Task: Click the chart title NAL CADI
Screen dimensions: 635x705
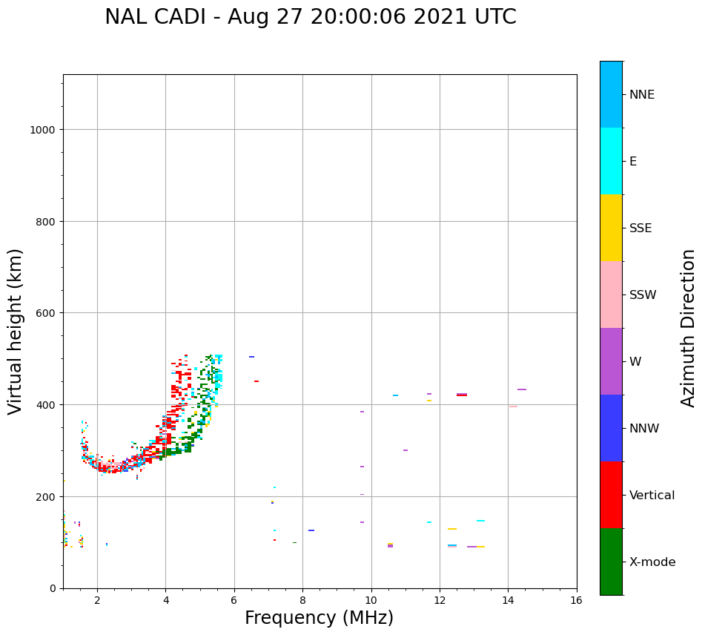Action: (x=310, y=17)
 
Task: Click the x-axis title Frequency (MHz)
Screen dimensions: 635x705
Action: (x=319, y=618)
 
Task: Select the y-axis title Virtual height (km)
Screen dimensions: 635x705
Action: (x=16, y=331)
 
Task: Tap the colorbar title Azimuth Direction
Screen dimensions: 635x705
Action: (x=689, y=328)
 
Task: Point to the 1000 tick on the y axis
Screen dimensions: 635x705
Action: (x=44, y=130)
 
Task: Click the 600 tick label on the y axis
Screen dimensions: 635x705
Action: (x=47, y=313)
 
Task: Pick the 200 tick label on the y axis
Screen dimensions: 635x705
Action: (x=47, y=496)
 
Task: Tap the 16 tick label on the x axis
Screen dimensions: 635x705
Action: (x=576, y=601)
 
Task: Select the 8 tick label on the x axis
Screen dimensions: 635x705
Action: (x=302, y=601)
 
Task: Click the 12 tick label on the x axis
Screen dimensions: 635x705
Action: (x=440, y=601)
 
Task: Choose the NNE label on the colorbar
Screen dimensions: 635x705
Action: (x=642, y=94)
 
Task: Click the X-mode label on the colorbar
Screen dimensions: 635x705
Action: (x=652, y=562)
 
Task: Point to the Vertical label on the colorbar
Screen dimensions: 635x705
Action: (x=652, y=495)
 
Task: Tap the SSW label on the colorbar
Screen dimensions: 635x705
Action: (x=643, y=295)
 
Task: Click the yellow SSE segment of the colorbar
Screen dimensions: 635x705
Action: (x=611, y=228)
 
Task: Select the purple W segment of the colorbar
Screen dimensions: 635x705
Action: (x=611, y=361)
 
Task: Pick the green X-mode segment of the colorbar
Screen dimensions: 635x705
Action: (x=611, y=562)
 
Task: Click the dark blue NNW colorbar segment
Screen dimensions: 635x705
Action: (x=611, y=428)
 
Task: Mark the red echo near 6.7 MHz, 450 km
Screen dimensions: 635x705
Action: (x=256, y=381)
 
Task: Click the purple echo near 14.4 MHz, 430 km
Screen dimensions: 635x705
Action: (x=522, y=389)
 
